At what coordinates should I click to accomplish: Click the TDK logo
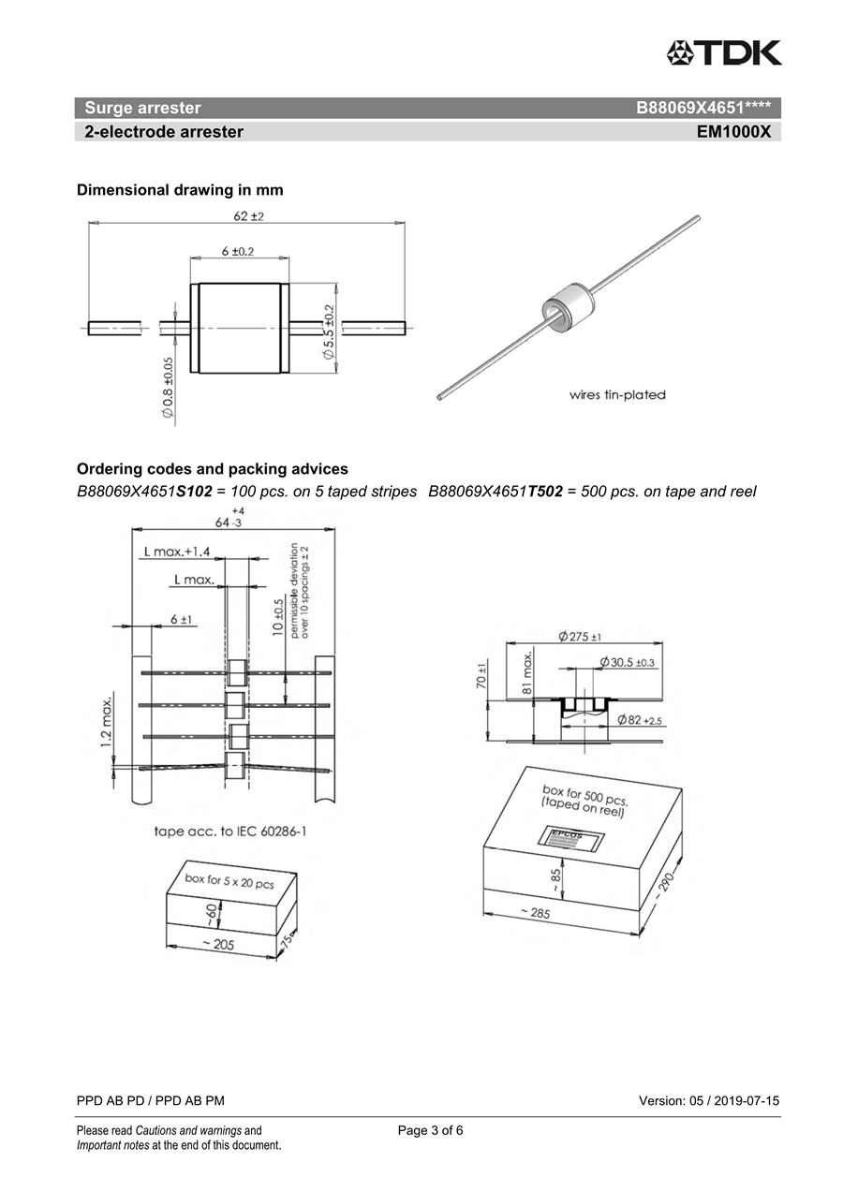pyautogui.click(x=723, y=52)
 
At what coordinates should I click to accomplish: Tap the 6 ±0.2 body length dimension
pyautogui.click(x=238, y=251)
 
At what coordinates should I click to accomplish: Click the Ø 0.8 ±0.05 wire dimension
pyautogui.click(x=168, y=387)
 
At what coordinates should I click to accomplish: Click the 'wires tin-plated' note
pyautogui.click(x=617, y=394)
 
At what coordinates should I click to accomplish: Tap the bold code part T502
pyautogui.click(x=545, y=492)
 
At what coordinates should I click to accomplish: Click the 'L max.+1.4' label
pyautogui.click(x=177, y=552)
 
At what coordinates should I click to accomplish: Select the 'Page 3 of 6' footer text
pyautogui.click(x=430, y=1130)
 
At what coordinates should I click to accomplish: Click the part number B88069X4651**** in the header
pyautogui.click(x=702, y=108)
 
